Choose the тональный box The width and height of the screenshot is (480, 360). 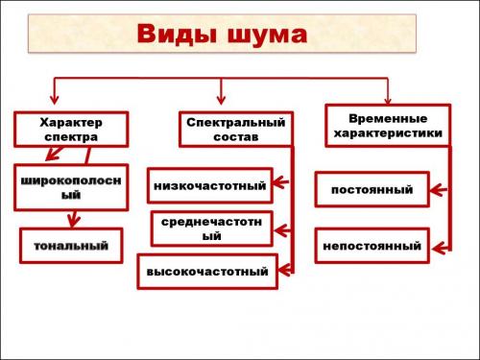[72, 247]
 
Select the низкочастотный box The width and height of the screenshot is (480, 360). [208, 183]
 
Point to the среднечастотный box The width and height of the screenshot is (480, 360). [211, 228]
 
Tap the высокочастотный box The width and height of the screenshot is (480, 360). [206, 272]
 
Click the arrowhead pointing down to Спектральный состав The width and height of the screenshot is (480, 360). [223, 100]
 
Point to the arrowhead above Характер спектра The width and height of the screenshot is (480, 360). [54, 100]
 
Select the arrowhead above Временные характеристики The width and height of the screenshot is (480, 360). [388, 96]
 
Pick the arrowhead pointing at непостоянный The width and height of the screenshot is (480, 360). [435, 246]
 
